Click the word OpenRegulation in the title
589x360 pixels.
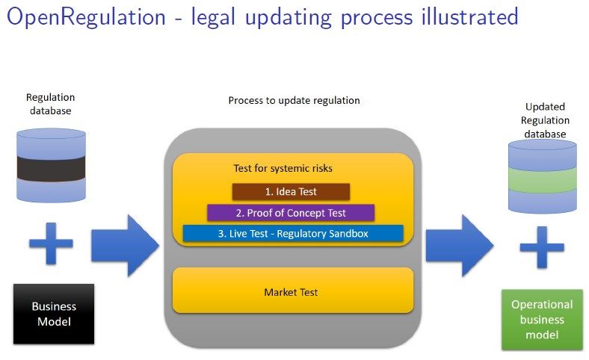coord(86,18)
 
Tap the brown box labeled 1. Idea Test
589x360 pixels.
coord(291,191)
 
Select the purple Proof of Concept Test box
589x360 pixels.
coord(291,213)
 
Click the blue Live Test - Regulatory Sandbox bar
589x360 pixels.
coord(293,234)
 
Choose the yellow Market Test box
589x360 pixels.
coord(293,291)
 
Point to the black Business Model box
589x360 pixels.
coord(54,314)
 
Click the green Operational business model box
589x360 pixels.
coord(542,320)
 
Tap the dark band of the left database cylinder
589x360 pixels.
coord(51,169)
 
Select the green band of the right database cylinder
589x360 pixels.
coord(543,180)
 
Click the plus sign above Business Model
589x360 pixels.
coord(51,243)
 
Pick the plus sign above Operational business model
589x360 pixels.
coord(542,247)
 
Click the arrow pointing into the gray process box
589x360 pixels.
coord(125,246)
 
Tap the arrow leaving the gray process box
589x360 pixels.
coord(460,246)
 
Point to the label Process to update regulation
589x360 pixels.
coord(294,101)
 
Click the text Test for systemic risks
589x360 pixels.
coord(283,168)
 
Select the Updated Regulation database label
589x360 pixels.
coord(545,120)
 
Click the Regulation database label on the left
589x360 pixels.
coord(50,104)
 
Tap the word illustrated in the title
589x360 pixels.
coord(470,17)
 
